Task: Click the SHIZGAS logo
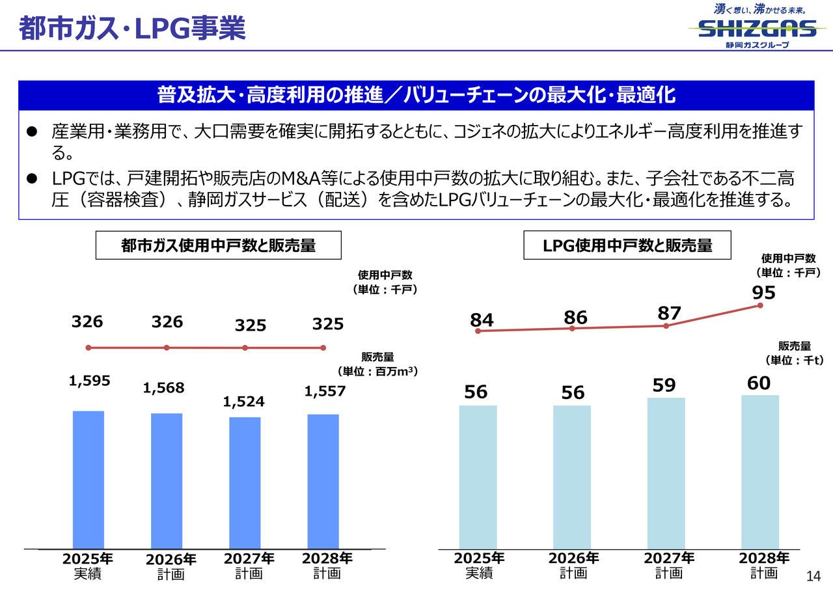pyautogui.click(x=757, y=28)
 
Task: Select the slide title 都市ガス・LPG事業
pyautogui.click(x=132, y=29)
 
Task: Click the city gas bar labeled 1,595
pyautogui.click(x=88, y=479)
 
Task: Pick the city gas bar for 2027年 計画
pyautogui.click(x=245, y=482)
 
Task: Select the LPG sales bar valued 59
pyautogui.click(x=666, y=473)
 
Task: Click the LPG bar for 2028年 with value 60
pyautogui.click(x=759, y=471)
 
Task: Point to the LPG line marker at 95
pyautogui.click(x=760, y=306)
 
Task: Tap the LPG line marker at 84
pyautogui.click(x=478, y=331)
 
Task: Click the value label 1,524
pyautogui.click(x=244, y=402)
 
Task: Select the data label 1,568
pyautogui.click(x=164, y=388)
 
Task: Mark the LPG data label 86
pyautogui.click(x=575, y=318)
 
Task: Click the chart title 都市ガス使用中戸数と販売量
pyautogui.click(x=210, y=245)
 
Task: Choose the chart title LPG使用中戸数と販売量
pyautogui.click(x=627, y=245)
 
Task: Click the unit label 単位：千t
pyautogui.click(x=794, y=359)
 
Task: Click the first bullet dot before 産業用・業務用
pyautogui.click(x=31, y=132)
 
